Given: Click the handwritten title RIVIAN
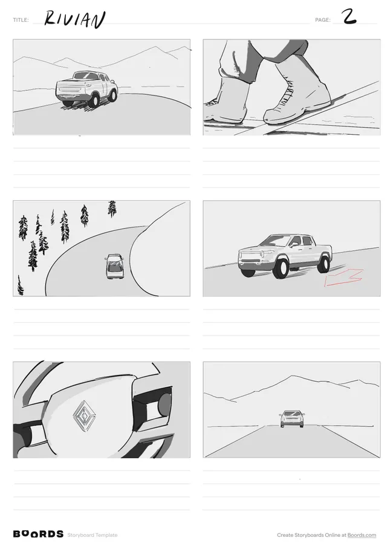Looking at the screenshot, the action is (x=74, y=19).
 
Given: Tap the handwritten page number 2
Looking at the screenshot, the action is (x=349, y=16).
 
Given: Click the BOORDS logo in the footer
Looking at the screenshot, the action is (x=38, y=534).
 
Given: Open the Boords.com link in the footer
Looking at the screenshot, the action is (x=362, y=535).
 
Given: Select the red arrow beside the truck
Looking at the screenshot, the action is (x=344, y=278).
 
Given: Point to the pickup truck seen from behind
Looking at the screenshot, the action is (x=86, y=89).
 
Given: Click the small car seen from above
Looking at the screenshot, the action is (x=114, y=266).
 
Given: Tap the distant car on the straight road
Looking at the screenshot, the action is (x=292, y=418).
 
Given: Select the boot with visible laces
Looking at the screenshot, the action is (x=297, y=94).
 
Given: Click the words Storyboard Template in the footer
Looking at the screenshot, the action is (x=93, y=535).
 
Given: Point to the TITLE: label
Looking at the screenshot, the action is (x=21, y=20).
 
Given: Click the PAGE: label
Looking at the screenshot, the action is (x=323, y=20).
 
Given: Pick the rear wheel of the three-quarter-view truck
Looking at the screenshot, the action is (x=323, y=264).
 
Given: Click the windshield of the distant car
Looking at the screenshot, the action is (x=291, y=414).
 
